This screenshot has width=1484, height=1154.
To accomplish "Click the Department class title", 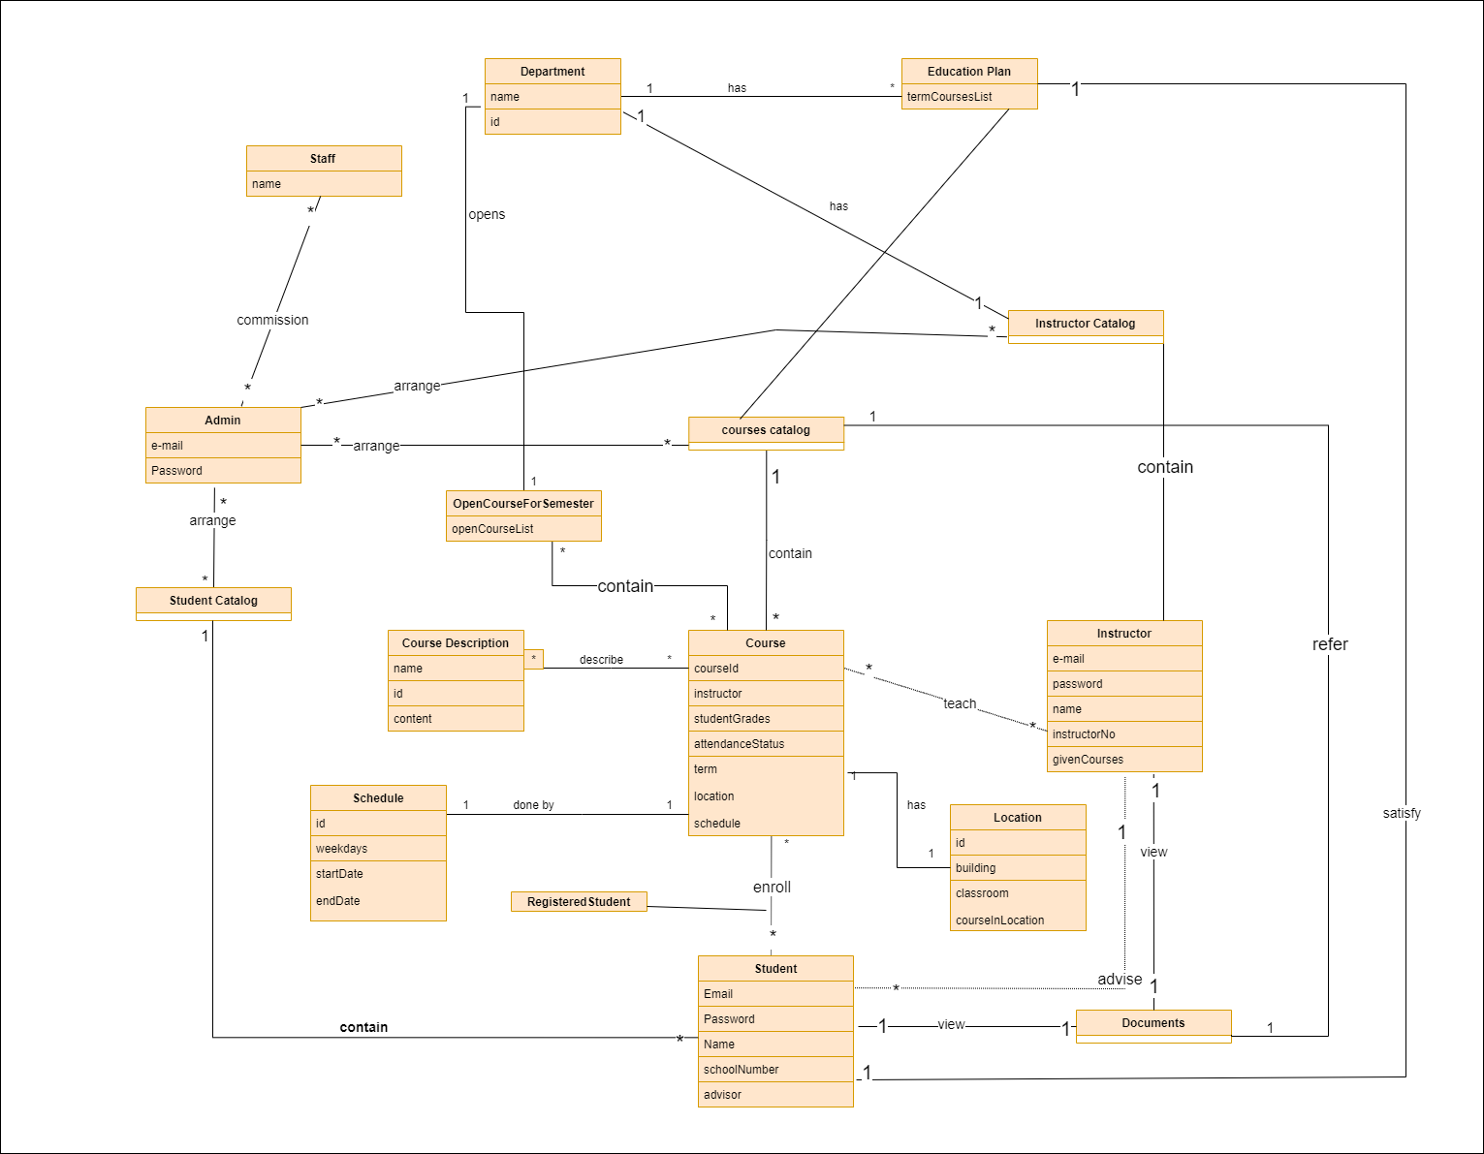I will point(553,72).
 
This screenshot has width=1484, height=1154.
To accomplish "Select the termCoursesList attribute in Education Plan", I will point(950,97).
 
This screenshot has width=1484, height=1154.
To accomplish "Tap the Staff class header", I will point(323,159).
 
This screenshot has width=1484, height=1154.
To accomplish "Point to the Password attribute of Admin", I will point(177,471).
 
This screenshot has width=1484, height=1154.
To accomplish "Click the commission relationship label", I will point(272,320).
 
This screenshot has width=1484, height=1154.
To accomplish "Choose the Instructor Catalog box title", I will point(1085,324).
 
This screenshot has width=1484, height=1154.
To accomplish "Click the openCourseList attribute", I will point(493,529).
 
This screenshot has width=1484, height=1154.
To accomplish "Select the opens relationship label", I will point(487,214).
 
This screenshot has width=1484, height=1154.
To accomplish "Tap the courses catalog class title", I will point(766,430).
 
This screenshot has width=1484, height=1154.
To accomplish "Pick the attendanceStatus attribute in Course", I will point(740,744).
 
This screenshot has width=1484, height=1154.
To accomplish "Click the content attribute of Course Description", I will point(413,719).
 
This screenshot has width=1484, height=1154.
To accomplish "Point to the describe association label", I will point(601,660).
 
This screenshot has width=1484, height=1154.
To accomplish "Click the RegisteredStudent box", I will point(579,902).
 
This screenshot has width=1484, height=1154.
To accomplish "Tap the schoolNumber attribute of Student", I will point(742,1070).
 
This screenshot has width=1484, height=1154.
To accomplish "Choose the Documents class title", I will point(1152,1023).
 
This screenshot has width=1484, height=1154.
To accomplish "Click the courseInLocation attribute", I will point(1000,920).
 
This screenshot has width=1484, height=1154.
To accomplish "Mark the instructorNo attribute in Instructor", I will point(1084,734).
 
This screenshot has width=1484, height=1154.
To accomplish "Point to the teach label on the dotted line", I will point(960,703).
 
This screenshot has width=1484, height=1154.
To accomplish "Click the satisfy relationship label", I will point(1402,813).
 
